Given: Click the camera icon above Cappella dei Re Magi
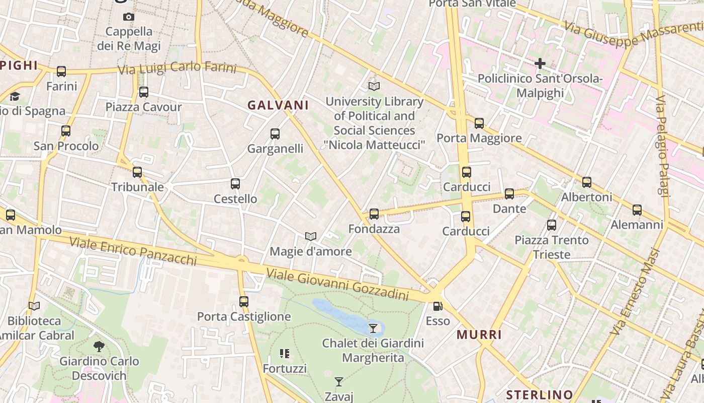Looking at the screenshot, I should coord(129,17).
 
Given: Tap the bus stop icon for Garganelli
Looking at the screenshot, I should coord(275,134).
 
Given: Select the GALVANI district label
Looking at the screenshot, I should coord(278,105).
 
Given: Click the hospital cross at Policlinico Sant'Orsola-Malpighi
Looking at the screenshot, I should coord(540,63).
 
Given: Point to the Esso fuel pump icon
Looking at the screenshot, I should coord(437,306).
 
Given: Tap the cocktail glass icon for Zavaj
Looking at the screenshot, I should coord(339,382).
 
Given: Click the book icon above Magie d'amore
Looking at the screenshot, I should coord(311,236).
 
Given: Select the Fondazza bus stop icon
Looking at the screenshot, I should coord(374,214).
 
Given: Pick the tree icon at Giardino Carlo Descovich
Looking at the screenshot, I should coord(99,346).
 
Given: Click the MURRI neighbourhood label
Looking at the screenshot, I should coord(479,335).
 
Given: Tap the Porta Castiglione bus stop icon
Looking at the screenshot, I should coord(244,302).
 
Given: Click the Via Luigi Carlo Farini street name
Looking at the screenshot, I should coord(177,68).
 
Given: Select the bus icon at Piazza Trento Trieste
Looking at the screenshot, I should coord(552,225).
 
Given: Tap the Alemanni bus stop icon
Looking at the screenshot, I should coord(637,210).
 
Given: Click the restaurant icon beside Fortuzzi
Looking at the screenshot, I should coord(285,354).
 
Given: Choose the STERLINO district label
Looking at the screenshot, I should coord(540,394).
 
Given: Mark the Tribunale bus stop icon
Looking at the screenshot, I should coord(137,172).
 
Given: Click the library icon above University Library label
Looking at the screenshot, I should coord(374,86).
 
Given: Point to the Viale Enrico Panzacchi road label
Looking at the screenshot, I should coord(133,250).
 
